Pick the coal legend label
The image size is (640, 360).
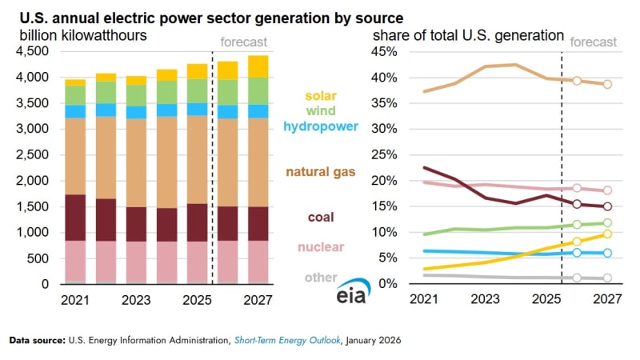pyautogui.click(x=321, y=218)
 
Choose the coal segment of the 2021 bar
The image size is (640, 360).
pyautogui.click(x=75, y=217)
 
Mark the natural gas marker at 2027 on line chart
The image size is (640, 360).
pyautogui.click(x=607, y=84)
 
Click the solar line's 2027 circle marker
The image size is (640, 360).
pyautogui.click(x=607, y=234)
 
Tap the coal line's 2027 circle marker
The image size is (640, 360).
pyautogui.click(x=607, y=206)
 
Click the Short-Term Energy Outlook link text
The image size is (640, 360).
pyautogui.click(x=286, y=341)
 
